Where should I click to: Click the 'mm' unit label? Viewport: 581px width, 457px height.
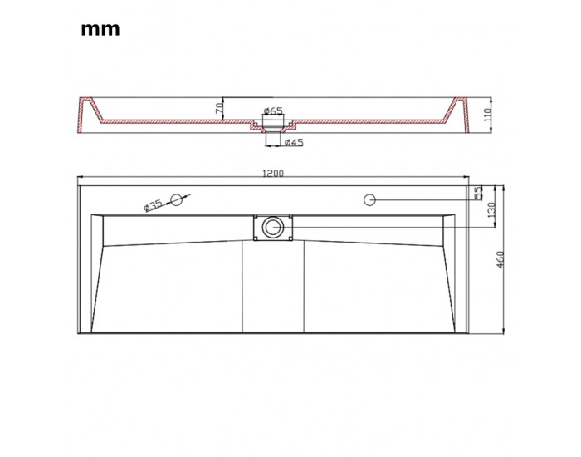[x=100, y=29]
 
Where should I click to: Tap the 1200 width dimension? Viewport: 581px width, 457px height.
[x=273, y=173]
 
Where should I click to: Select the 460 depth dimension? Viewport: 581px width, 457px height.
[x=500, y=259]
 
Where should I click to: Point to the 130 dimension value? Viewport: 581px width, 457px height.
[x=491, y=210]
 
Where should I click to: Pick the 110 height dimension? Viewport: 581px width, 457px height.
[x=487, y=115]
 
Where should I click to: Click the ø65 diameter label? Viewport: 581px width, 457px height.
[x=273, y=111]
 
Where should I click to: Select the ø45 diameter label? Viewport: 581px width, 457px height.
[x=294, y=142]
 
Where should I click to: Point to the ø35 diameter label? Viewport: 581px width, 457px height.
[x=153, y=205]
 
